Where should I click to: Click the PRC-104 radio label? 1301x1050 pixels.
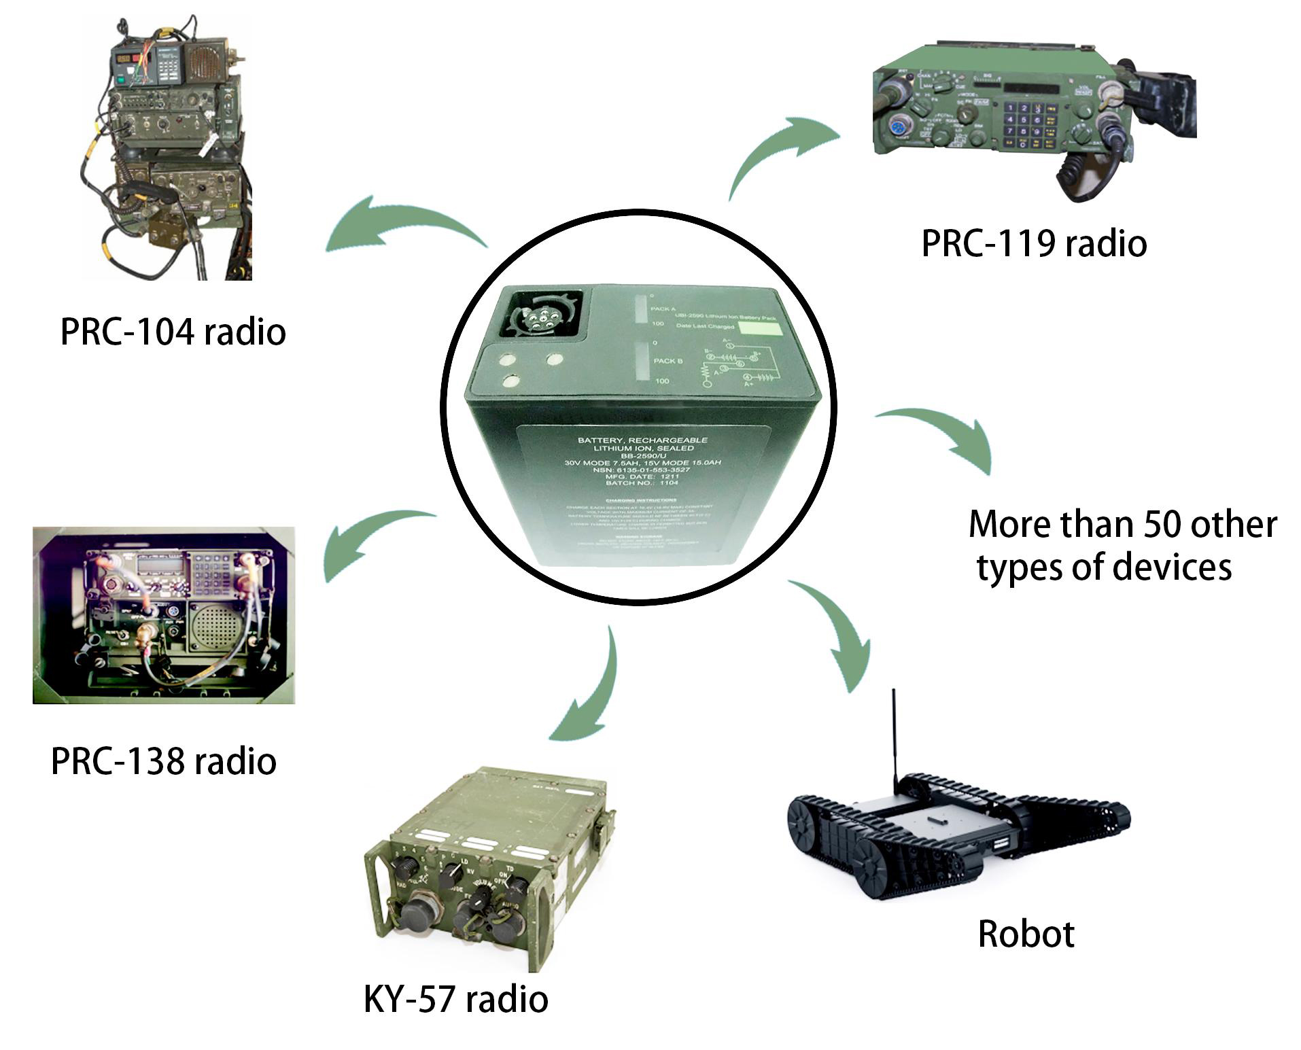[x=173, y=332]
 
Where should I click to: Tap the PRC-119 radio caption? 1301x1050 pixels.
[x=1033, y=244]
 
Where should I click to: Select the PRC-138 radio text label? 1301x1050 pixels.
[x=164, y=761]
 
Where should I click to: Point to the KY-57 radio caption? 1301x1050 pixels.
[x=455, y=999]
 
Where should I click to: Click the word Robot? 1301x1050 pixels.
[x=1026, y=934]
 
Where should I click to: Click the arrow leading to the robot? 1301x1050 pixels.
[x=836, y=632]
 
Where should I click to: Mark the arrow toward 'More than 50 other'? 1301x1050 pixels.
[x=945, y=435]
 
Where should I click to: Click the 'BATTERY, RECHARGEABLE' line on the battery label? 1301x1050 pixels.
[x=642, y=440]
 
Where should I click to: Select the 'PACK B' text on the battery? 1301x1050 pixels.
[x=668, y=360]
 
